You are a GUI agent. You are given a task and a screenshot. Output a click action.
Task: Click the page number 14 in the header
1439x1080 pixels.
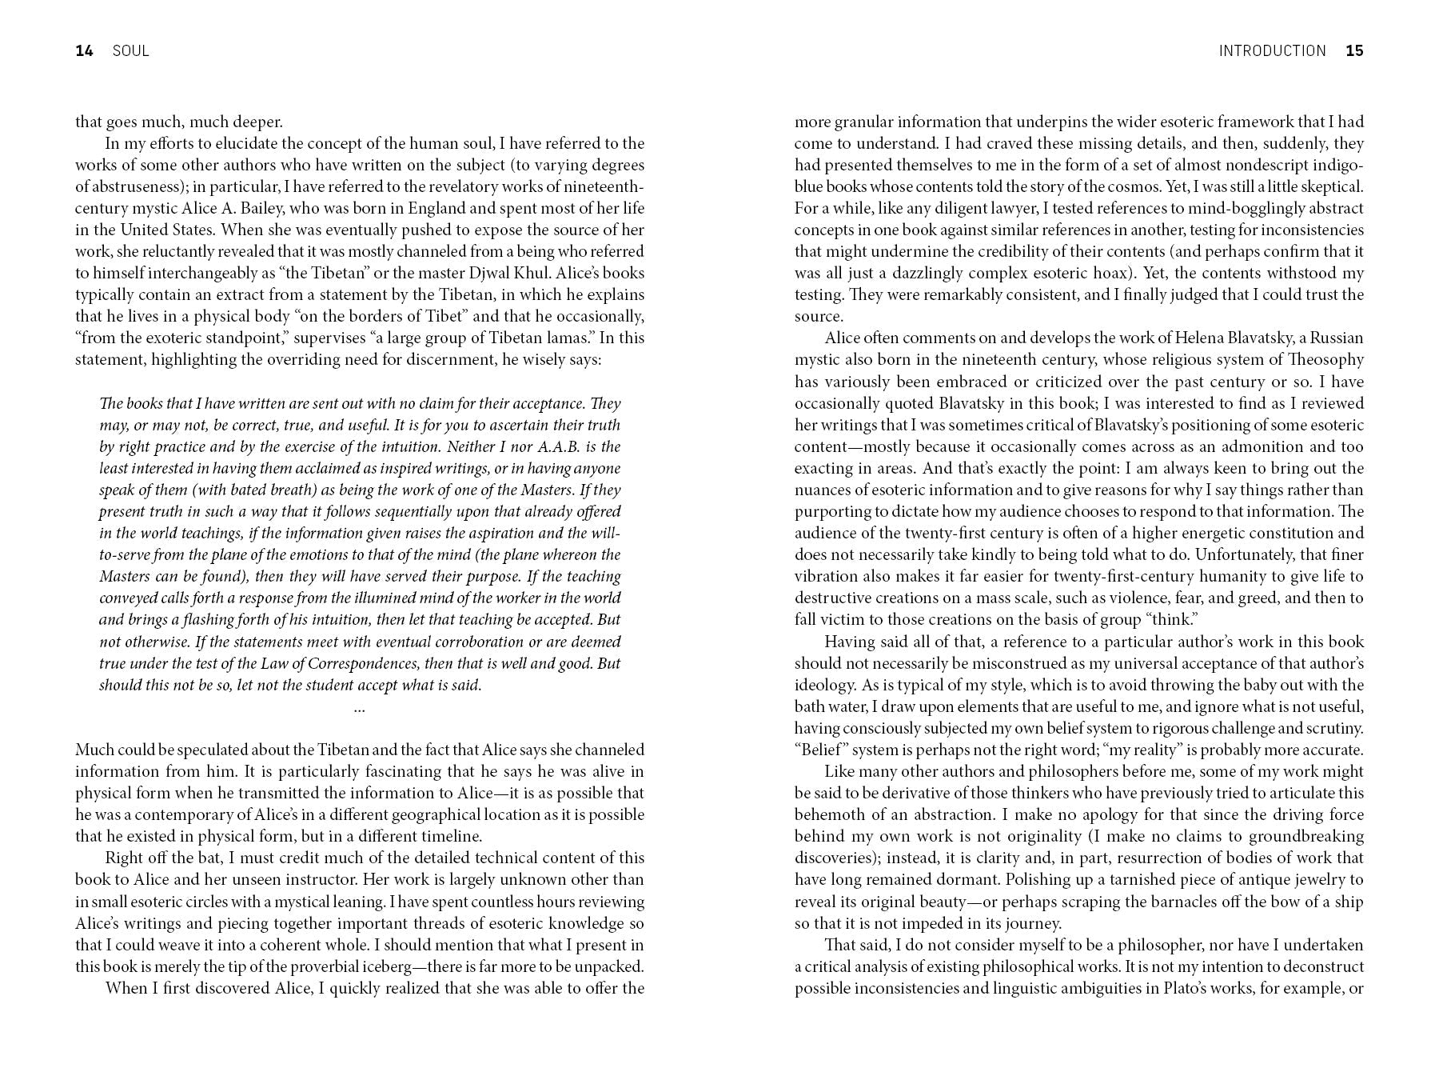[x=84, y=51]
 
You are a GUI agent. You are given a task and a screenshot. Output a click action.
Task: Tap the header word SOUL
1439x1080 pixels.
[x=130, y=51]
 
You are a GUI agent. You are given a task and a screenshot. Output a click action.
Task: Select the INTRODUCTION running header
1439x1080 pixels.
[x=1272, y=51]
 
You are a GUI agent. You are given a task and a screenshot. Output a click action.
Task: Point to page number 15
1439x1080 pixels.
[x=1354, y=51]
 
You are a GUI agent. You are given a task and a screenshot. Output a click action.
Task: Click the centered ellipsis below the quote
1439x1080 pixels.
[x=359, y=708]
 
